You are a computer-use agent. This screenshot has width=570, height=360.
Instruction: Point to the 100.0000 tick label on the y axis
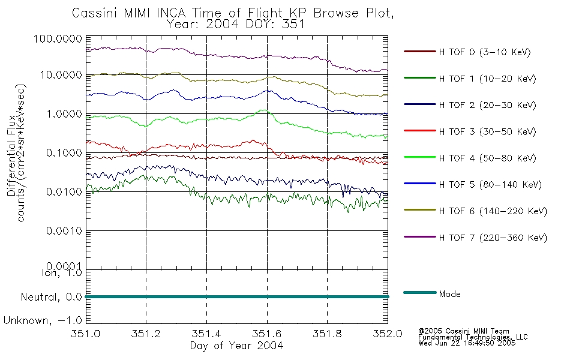click(58, 39)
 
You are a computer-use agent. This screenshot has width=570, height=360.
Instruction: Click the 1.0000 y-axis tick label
click(64, 114)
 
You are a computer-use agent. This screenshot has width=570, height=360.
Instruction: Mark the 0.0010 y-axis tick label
click(64, 231)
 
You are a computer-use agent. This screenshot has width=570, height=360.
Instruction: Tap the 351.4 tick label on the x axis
click(206, 334)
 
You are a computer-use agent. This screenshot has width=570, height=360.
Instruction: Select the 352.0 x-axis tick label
click(388, 334)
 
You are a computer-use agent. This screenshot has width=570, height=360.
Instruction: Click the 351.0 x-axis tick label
click(86, 334)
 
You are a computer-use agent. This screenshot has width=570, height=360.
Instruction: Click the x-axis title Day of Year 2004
click(236, 346)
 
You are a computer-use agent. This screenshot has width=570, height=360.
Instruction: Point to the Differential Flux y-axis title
click(11, 155)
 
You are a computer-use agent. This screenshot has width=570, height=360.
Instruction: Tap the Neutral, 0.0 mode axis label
click(52, 298)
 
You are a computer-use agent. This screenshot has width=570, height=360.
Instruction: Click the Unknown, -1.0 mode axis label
click(43, 321)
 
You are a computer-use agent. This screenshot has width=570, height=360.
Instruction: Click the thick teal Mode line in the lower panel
click(237, 297)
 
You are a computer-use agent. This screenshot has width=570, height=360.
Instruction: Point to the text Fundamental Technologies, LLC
click(473, 337)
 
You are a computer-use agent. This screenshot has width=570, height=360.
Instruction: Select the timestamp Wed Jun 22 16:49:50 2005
click(467, 343)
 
